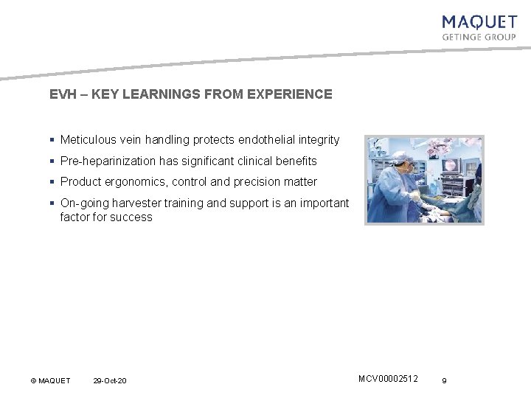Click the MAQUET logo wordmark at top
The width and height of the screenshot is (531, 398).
[x=479, y=23]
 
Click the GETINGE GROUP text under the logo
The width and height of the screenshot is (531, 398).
[x=479, y=37]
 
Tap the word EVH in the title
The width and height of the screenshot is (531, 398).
[x=61, y=94]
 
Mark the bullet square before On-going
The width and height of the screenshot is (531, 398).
[x=52, y=203]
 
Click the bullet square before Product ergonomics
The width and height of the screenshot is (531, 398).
[x=52, y=181]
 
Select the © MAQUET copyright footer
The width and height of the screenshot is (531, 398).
[x=50, y=380]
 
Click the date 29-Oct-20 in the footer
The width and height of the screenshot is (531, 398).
[x=110, y=380]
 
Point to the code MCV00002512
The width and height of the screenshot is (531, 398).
[x=388, y=379]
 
